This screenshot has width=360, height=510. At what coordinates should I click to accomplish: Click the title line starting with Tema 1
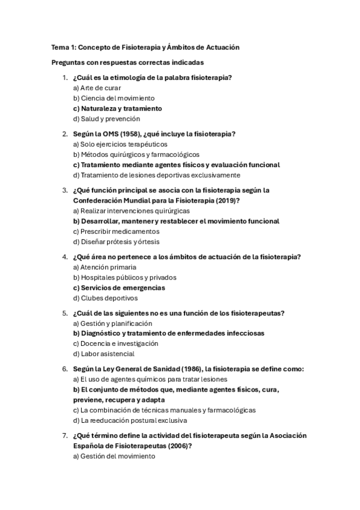pyautogui.click(x=146, y=48)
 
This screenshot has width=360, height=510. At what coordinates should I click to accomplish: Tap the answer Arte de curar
pyautogui.click(x=97, y=88)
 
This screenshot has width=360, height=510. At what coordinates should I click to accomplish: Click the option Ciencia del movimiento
pyautogui.click(x=114, y=98)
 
